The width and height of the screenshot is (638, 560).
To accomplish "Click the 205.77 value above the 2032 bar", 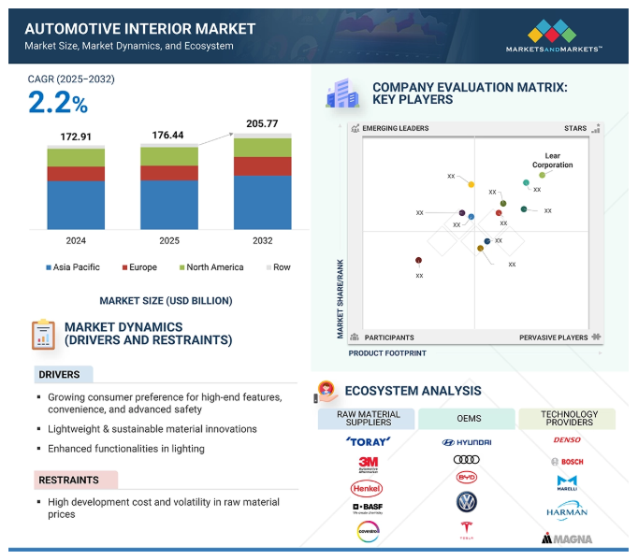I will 263,123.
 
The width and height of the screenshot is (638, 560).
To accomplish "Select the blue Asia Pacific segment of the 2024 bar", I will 76,205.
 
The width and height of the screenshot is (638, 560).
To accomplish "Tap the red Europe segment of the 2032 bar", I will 263,165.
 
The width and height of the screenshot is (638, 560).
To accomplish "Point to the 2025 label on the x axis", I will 169,241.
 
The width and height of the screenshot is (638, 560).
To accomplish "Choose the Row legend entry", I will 279,267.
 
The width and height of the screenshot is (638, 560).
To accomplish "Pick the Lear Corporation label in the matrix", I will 552,160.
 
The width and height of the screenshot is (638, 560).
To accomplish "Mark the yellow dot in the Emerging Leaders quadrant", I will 471,184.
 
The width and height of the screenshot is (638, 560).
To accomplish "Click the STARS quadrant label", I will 574,128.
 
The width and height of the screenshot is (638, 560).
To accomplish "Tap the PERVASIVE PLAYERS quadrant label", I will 554,337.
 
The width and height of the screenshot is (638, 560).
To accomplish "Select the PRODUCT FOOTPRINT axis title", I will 387,353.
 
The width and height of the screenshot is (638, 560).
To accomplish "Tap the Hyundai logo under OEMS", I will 466,441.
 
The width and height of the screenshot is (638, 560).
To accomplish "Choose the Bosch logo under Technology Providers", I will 567,462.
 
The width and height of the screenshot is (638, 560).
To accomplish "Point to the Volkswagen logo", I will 466,502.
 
